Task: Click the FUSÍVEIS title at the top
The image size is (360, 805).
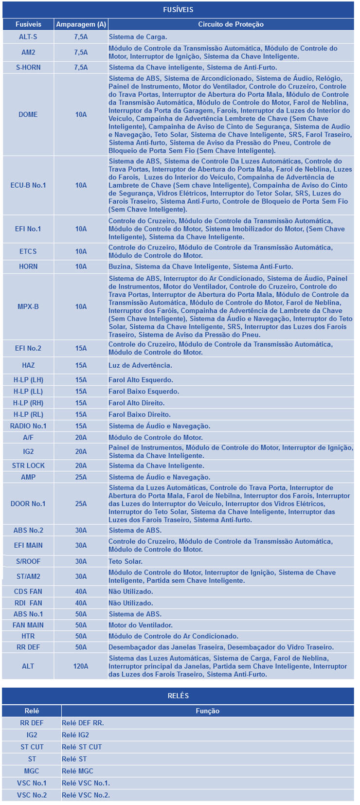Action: click(x=178, y=9)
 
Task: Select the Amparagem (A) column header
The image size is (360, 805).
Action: click(x=81, y=24)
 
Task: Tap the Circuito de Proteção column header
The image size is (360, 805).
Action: click(x=231, y=24)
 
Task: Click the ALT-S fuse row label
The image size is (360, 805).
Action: click(x=28, y=37)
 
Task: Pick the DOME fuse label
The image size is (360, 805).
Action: click(x=28, y=114)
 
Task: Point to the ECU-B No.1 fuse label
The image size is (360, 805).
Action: click(x=28, y=185)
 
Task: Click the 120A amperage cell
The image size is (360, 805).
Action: click(x=81, y=666)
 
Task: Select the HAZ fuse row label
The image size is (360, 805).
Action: click(x=28, y=365)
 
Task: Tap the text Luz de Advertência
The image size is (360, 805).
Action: click(x=140, y=365)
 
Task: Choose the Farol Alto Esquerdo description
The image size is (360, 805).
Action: click(x=141, y=380)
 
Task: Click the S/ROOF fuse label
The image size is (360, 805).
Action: click(x=28, y=561)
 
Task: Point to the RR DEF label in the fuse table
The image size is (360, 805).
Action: click(x=28, y=647)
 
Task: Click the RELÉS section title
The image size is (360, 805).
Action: click(x=178, y=696)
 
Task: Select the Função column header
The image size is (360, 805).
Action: click(x=207, y=711)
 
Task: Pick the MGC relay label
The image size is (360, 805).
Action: click(x=32, y=771)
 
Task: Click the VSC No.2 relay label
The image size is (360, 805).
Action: click(x=32, y=795)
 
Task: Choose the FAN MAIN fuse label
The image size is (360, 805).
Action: click(x=28, y=625)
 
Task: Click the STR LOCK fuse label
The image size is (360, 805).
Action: click(x=28, y=465)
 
